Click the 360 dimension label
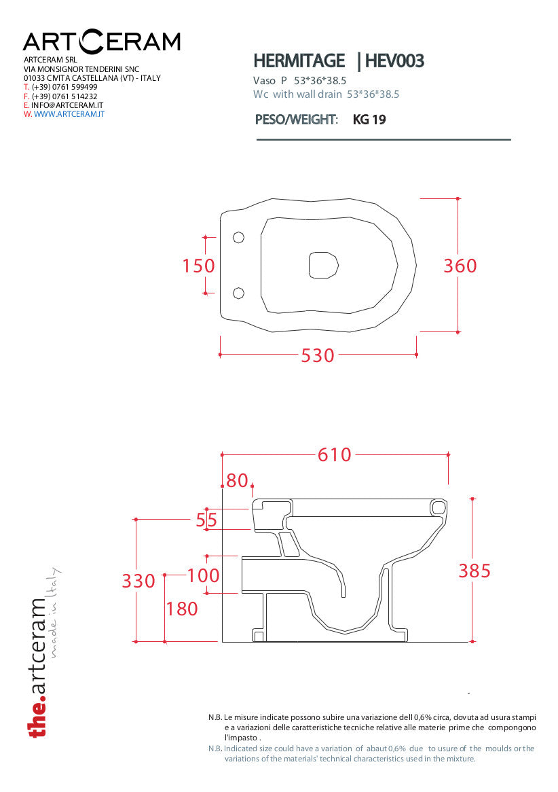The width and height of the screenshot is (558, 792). [460, 266]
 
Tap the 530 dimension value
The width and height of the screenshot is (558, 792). [318, 356]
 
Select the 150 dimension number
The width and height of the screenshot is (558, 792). [198, 266]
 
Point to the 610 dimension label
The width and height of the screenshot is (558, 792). [334, 454]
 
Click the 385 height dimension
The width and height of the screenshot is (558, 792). [475, 571]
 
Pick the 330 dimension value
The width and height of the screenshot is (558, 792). [138, 581]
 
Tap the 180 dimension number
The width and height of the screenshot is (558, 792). [182, 609]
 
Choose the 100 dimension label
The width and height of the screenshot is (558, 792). [204, 575]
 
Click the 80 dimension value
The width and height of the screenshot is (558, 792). [237, 480]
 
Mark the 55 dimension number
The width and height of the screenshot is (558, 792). [206, 520]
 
